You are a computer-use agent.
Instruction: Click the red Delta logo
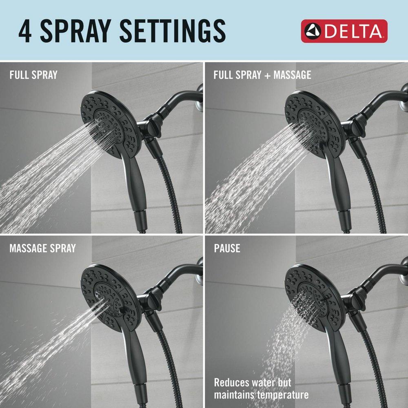click(x=344, y=31)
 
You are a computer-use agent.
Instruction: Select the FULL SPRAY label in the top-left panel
click(x=33, y=75)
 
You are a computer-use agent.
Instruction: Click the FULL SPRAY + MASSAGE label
click(x=262, y=75)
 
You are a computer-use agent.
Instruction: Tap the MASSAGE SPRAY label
click(x=42, y=248)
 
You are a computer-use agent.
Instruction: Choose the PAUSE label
click(x=227, y=248)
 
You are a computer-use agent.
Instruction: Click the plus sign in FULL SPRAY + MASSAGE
click(x=267, y=75)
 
